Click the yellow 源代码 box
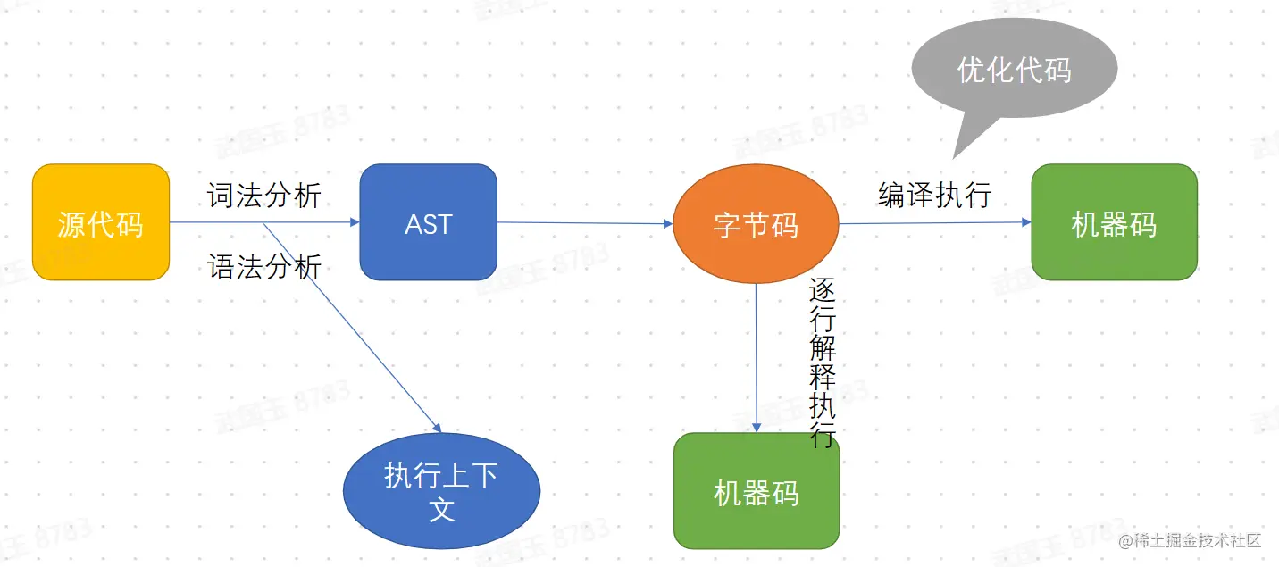(100, 222)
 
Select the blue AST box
(428, 222)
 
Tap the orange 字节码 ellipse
(755, 225)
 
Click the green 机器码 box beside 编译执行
(1114, 222)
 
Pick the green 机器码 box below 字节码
(756, 491)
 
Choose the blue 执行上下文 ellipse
(441, 491)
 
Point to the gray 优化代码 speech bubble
(1015, 70)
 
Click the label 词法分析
(264, 196)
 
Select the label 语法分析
(264, 266)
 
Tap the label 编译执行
(935, 195)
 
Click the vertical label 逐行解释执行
(822, 363)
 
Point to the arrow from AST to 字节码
(584, 223)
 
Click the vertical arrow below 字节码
(757, 357)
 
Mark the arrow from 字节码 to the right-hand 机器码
(934, 222)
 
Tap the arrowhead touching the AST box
(354, 222)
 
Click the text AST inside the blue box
(428, 224)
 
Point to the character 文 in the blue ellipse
(441, 509)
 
